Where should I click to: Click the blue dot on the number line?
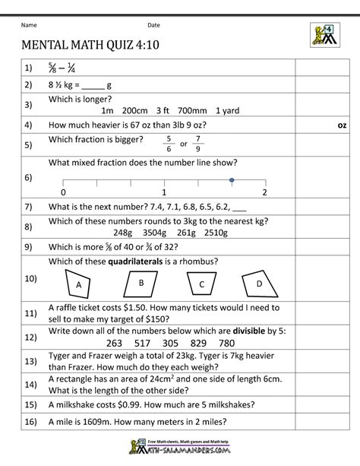click(x=231, y=180)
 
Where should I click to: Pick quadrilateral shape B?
click(x=141, y=282)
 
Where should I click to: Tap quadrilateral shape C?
click(x=201, y=284)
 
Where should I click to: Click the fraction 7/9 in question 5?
click(x=198, y=142)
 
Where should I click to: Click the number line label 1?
click(x=164, y=192)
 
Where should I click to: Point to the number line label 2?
click(x=264, y=192)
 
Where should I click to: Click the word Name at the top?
click(x=30, y=25)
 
